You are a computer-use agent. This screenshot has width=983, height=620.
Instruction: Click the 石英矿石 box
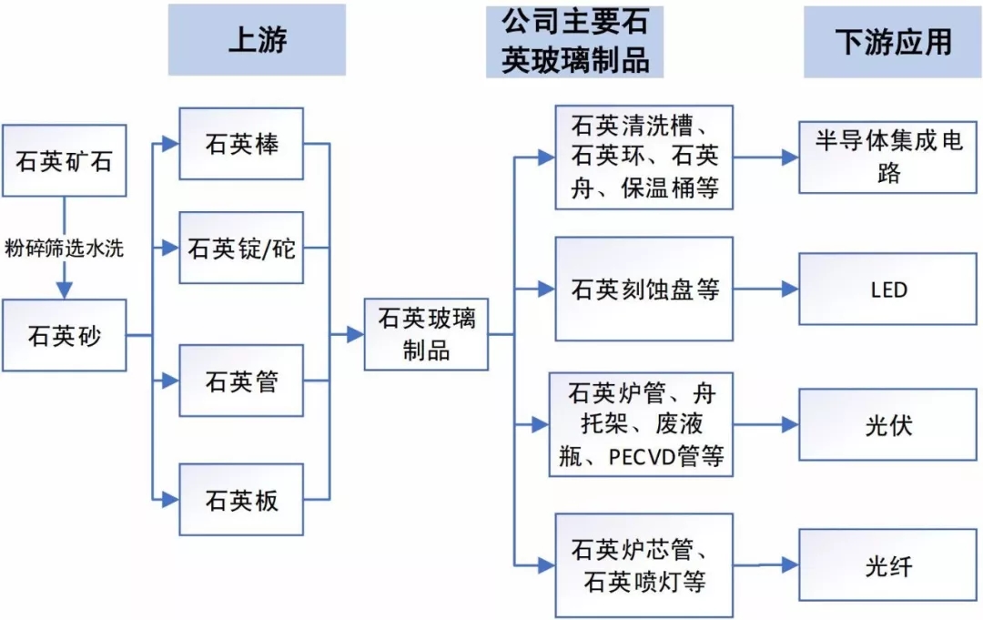64,161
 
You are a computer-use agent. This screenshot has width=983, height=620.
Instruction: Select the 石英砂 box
64,335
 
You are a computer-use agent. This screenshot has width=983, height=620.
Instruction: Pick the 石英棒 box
241,144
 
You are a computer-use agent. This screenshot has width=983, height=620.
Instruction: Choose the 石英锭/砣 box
241,248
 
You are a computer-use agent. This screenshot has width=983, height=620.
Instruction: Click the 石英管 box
241,381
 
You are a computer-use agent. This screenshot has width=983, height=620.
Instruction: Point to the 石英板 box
241,500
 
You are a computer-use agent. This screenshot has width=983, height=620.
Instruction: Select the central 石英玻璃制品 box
426,334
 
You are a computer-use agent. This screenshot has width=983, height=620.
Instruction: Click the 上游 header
257,41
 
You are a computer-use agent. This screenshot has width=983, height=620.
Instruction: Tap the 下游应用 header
892,41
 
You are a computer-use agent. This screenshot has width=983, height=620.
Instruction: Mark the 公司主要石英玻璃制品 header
574,41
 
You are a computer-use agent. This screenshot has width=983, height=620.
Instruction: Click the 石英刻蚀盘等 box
644,290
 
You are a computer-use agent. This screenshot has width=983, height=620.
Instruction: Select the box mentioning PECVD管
644,424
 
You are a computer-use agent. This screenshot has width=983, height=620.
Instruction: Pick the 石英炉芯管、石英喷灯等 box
644,565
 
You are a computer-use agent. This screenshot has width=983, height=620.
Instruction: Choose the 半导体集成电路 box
887,157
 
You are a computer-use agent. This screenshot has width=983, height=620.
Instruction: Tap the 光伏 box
887,424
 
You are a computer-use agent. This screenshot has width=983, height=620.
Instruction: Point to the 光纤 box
887,565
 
